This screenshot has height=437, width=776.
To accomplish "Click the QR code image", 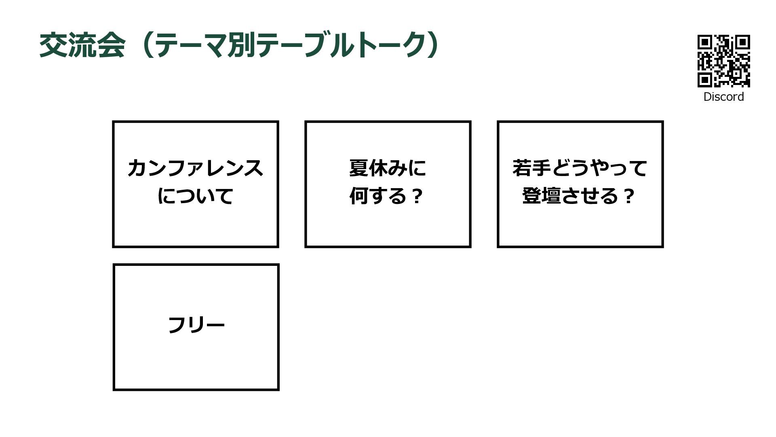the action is tap(723, 61).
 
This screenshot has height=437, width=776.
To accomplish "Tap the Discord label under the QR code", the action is tap(723, 97).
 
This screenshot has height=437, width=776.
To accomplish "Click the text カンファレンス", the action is tap(195, 168).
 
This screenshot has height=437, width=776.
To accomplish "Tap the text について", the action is tap(195, 196).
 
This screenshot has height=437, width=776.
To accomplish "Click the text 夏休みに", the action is tap(387, 168).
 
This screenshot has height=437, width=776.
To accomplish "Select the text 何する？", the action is tap(386, 196).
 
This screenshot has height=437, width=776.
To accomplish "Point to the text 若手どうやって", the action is tap(580, 168).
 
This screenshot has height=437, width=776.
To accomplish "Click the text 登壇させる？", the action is tap(578, 196).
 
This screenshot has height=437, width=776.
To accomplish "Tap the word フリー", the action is tap(196, 325).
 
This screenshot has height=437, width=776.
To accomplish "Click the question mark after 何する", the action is tap(417, 196).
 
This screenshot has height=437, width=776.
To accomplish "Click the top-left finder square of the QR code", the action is tap(705, 42).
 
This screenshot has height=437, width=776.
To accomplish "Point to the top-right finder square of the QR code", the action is tap(743, 42).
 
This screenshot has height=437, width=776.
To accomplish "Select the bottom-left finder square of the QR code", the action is tap(705, 80).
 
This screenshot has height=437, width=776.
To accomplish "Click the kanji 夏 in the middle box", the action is tap(358, 168).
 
